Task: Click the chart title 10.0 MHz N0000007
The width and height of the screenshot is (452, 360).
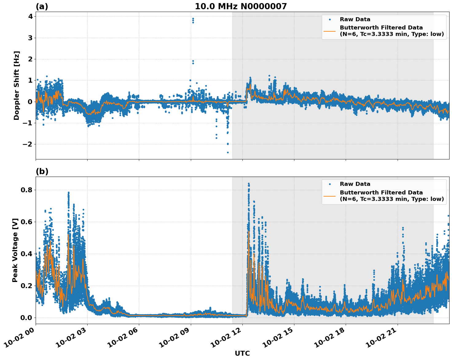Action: [x=241, y=6]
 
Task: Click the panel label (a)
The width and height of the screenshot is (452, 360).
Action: [x=42, y=6]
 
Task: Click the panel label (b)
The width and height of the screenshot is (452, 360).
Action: [x=42, y=171]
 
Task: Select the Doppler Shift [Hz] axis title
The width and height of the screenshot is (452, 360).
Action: [x=17, y=85]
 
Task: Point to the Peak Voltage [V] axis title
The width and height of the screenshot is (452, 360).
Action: [x=15, y=250]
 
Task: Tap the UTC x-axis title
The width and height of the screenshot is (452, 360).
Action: [x=242, y=353]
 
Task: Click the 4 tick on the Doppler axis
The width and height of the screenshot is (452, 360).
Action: [x=30, y=17]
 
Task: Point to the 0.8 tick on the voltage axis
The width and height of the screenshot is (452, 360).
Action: [x=26, y=190]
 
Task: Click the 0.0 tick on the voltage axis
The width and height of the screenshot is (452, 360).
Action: [x=26, y=318]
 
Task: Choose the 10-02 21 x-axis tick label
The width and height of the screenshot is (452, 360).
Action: [x=381, y=340]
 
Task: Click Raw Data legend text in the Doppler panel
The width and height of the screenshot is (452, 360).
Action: [x=355, y=19]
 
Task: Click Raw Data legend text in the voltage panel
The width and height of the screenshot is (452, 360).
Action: [x=355, y=184]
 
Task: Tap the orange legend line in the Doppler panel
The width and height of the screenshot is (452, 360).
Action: [x=329, y=31]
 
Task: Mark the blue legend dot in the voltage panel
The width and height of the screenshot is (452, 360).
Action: [x=329, y=184]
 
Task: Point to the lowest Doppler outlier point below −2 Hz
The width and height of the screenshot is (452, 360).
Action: [x=228, y=152]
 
